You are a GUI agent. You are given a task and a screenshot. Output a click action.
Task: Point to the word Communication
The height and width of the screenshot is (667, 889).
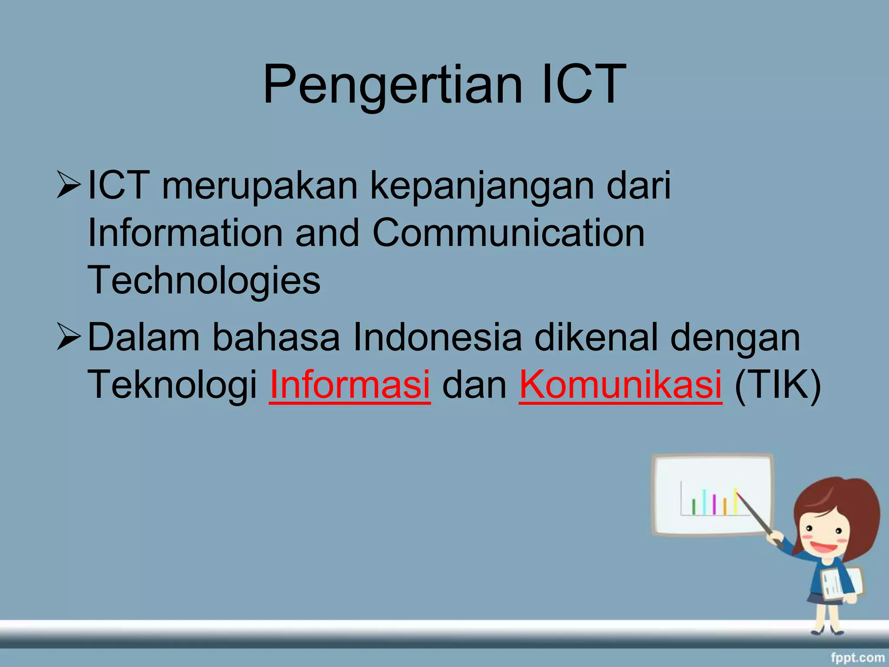coord(508,233)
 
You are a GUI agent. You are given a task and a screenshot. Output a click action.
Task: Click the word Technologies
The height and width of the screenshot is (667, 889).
coord(204,280)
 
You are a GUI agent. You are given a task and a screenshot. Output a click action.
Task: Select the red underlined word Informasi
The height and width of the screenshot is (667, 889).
coord(350,384)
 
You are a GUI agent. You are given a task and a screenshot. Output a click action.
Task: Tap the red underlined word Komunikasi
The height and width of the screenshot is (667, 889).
coord(620,384)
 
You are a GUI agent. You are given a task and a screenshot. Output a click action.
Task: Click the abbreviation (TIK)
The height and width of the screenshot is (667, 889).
coord(777,384)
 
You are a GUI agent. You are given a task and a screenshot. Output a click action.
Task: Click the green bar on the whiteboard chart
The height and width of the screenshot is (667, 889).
coord(694,507)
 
